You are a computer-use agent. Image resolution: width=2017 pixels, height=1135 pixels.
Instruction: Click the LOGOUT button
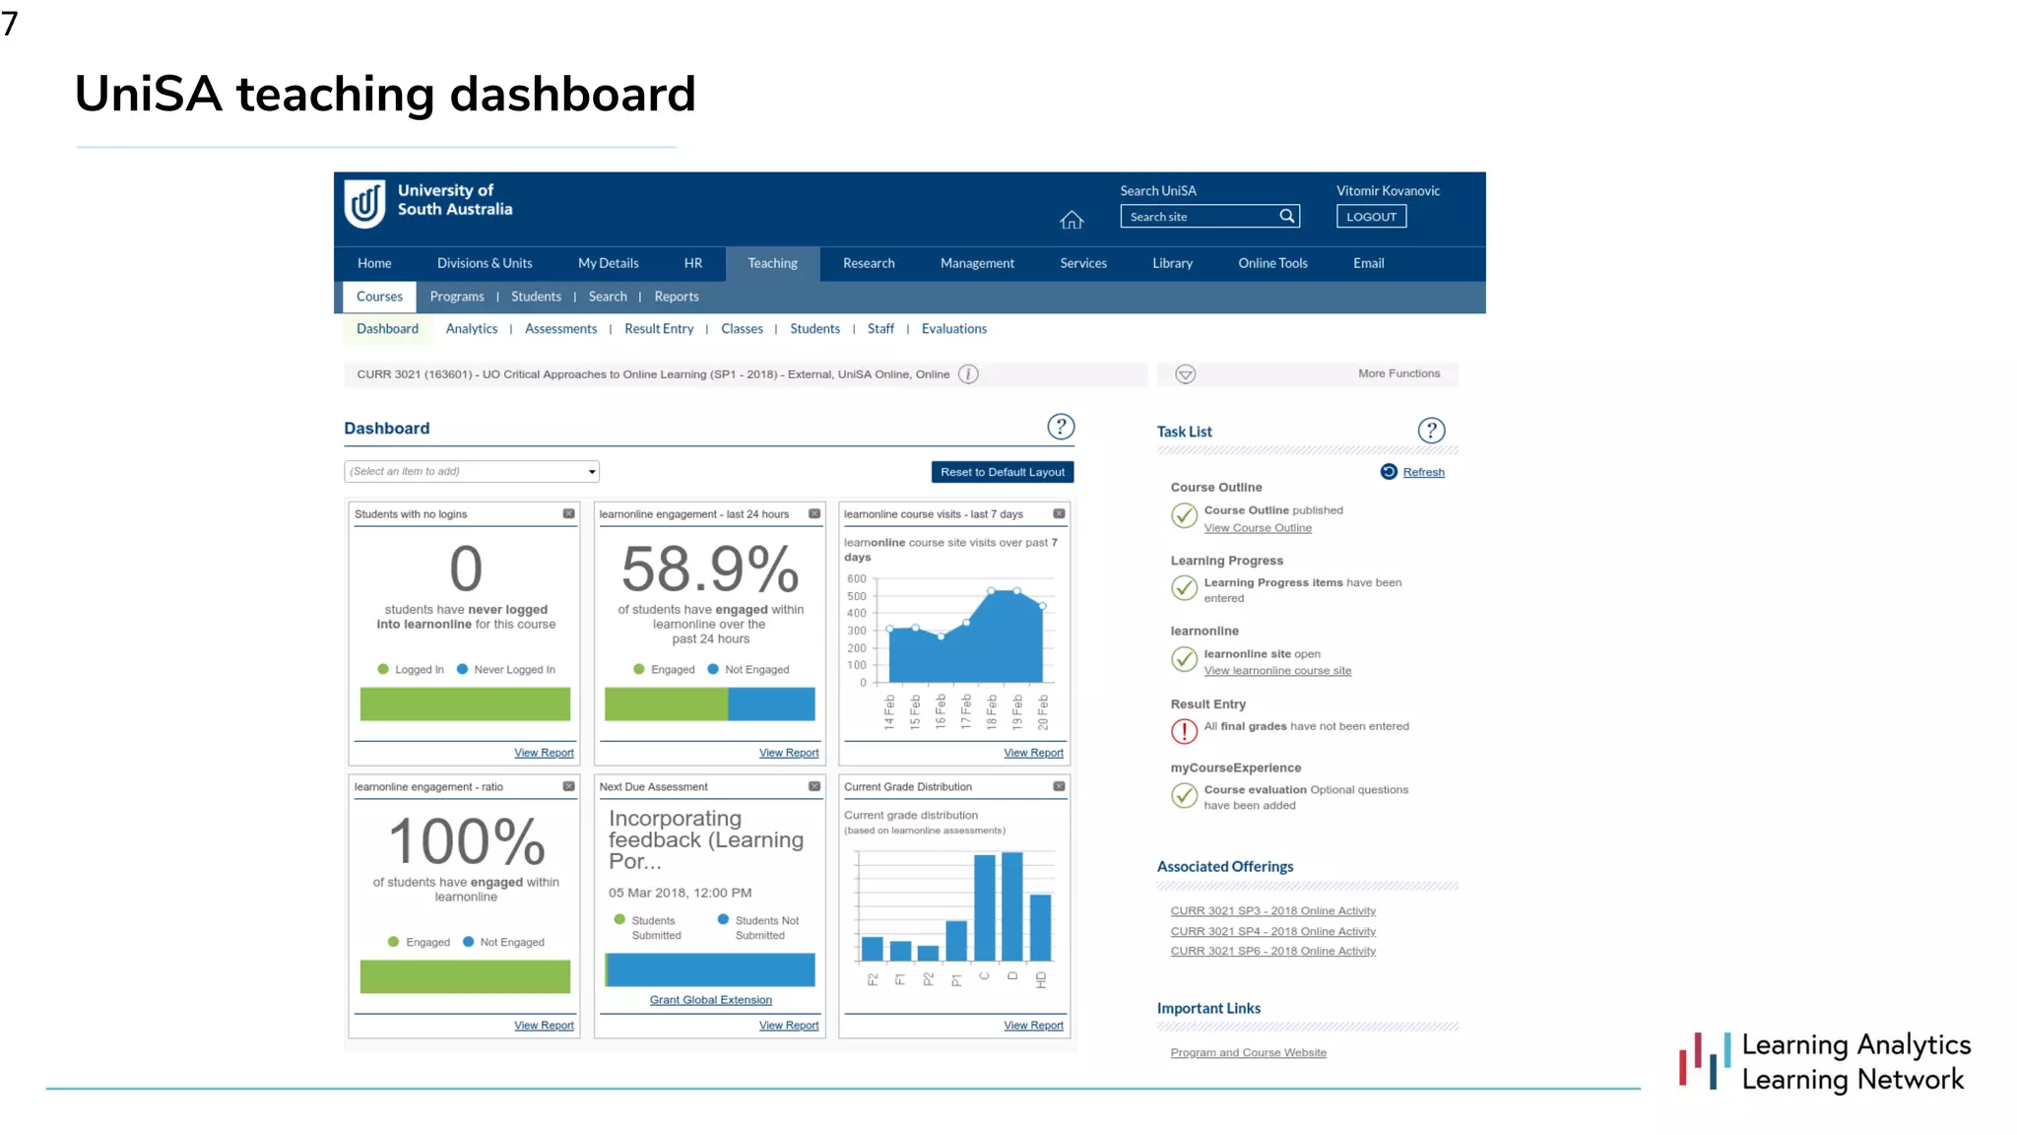[x=1371, y=217]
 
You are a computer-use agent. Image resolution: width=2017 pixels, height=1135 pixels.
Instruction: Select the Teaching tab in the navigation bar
[x=772, y=263]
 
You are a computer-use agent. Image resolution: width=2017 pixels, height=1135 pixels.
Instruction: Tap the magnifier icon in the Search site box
[x=1286, y=217]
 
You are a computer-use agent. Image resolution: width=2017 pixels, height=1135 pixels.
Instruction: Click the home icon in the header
[x=1072, y=220]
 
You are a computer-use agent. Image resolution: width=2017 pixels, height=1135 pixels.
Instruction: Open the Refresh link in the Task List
[x=1423, y=472]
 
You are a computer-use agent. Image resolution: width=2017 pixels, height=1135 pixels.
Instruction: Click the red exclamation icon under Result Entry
[x=1184, y=731]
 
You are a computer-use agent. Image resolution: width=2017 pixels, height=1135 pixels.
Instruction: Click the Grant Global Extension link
[x=710, y=1000]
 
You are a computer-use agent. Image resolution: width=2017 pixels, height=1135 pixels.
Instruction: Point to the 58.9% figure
[x=710, y=569]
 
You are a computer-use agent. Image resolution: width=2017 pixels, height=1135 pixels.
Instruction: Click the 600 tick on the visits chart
[x=856, y=579]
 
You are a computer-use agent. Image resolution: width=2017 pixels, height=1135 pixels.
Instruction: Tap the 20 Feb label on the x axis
[x=1043, y=711]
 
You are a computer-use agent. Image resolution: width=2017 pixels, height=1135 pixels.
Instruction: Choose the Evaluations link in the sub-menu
[x=953, y=329]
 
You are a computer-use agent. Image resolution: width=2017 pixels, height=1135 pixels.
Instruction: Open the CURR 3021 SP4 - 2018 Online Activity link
[x=1272, y=931]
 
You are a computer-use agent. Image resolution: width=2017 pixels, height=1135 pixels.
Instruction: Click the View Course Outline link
[x=1258, y=528]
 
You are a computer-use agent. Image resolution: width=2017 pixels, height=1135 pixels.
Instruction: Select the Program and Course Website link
[x=1248, y=1053]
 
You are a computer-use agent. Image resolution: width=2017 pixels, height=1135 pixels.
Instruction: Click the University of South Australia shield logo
[x=365, y=203]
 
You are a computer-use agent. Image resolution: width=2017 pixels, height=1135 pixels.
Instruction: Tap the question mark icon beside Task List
[x=1431, y=431]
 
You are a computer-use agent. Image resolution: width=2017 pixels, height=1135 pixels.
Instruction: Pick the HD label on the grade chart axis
[x=1041, y=980]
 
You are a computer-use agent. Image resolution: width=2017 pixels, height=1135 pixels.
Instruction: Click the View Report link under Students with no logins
[x=544, y=753]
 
